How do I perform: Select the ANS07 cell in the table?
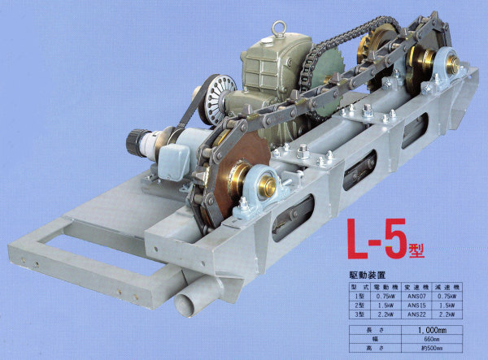tap(410, 297)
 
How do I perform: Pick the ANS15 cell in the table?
tap(410, 306)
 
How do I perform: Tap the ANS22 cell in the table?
tap(410, 314)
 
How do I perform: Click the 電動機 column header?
tap(379, 288)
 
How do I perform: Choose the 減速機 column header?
tap(445, 288)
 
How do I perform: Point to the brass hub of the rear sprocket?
tap(423, 61)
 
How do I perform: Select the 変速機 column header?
tap(410, 288)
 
